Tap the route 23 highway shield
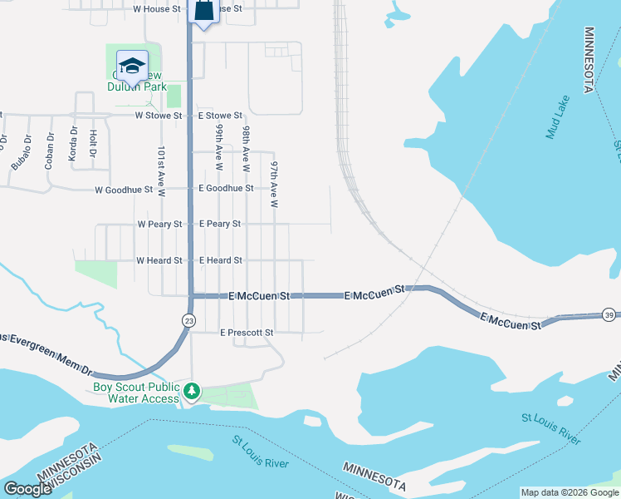189,320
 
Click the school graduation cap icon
132,65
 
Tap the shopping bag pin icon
203,11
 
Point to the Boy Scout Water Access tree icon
192,390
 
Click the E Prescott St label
247,333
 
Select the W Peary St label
159,224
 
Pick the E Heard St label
221,260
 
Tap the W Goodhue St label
124,190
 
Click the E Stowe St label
220,116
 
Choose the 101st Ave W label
161,172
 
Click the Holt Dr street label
93,143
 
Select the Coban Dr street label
50,150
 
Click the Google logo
27,489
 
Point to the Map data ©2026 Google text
569,492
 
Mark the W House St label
157,8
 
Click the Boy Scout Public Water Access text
136,393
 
